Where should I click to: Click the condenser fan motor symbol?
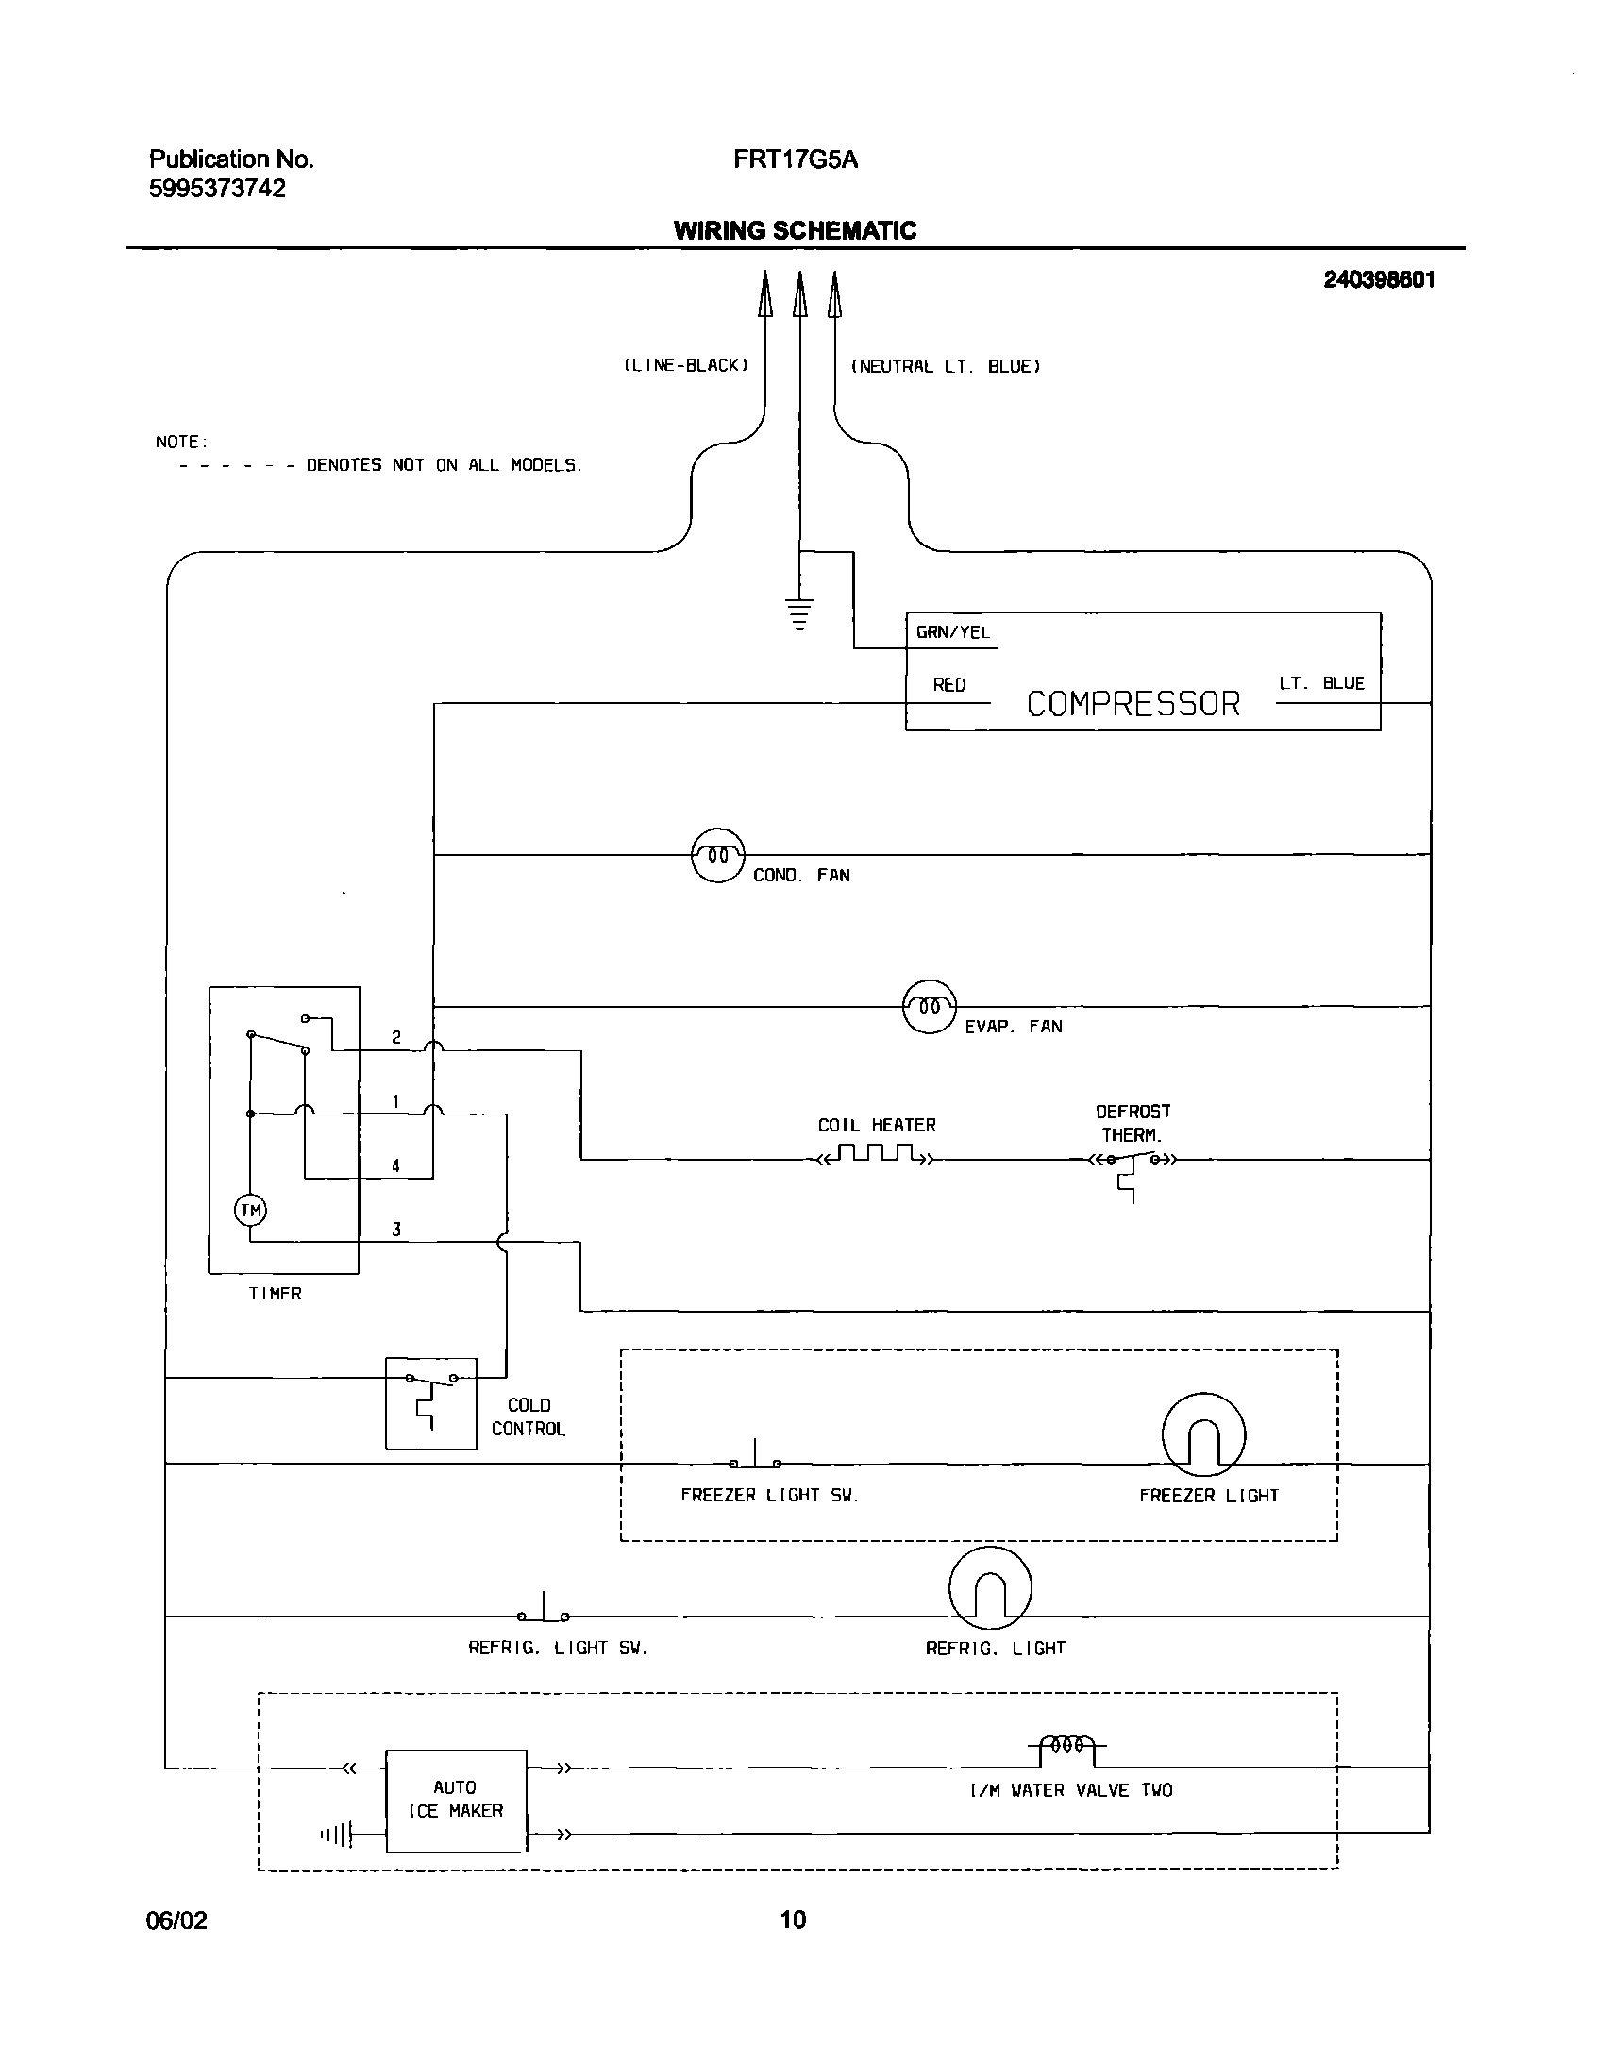[x=718, y=855]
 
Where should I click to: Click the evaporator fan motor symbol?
[x=930, y=1007]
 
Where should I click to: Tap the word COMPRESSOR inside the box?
[x=1133, y=704]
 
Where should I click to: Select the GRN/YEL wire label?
[x=952, y=633]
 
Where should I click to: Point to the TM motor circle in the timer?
[x=250, y=1211]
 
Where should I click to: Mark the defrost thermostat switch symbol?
[x=1132, y=1165]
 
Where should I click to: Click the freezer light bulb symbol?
[x=1203, y=1435]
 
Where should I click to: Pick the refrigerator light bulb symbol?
[x=990, y=1588]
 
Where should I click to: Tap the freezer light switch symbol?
[x=755, y=1458]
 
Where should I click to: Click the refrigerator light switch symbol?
[x=544, y=1611]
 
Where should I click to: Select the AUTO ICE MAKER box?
[x=456, y=1799]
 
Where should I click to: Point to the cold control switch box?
[x=430, y=1403]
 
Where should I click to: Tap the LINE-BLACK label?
[x=686, y=366]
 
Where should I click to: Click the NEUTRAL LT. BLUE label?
[x=946, y=367]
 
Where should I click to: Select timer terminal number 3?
[x=396, y=1230]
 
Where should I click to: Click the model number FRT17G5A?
[x=796, y=159]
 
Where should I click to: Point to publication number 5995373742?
[x=217, y=189]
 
